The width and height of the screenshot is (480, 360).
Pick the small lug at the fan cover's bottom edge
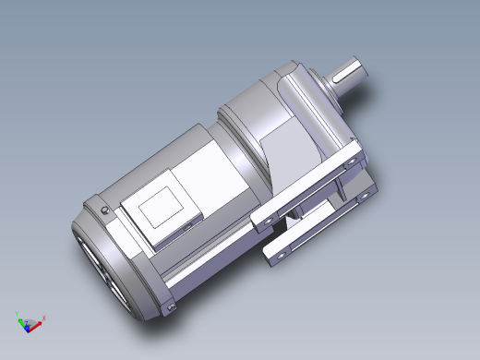pos(170,306)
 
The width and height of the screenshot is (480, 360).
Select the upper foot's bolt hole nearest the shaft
pos(352,162)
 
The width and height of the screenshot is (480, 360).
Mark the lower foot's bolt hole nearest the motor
pos(273,252)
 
